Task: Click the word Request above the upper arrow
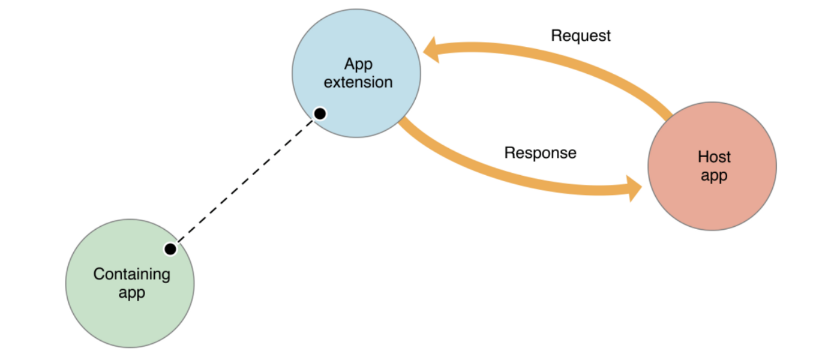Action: (x=580, y=36)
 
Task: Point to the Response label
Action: (x=540, y=153)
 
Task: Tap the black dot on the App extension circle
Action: (x=320, y=113)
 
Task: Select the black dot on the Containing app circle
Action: (x=170, y=248)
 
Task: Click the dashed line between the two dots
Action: (x=245, y=181)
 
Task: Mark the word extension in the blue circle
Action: (x=358, y=82)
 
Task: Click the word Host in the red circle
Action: (x=714, y=157)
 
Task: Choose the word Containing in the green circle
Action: (x=131, y=274)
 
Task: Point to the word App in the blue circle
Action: (x=358, y=64)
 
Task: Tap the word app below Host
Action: (x=714, y=176)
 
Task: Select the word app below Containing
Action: (x=131, y=293)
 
